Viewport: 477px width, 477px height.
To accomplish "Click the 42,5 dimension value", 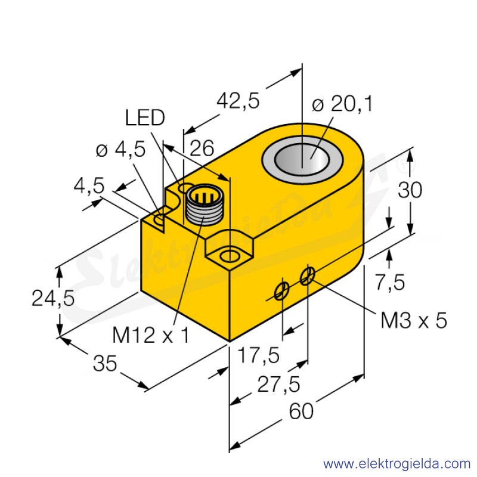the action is click(238, 101).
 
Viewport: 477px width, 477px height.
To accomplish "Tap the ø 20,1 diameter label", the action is click(342, 104).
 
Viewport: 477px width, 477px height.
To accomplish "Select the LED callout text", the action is click(145, 117).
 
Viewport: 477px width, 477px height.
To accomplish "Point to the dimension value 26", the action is click(202, 148).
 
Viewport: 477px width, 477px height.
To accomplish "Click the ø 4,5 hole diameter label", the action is click(120, 150).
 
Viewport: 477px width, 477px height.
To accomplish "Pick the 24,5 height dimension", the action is click(53, 298).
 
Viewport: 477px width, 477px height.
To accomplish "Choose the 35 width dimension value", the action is click(105, 363).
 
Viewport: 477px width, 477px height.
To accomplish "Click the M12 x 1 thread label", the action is click(151, 335).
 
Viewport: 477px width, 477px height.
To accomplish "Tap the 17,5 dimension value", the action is click(258, 355).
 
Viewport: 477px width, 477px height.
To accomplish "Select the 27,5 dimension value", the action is click(278, 384).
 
